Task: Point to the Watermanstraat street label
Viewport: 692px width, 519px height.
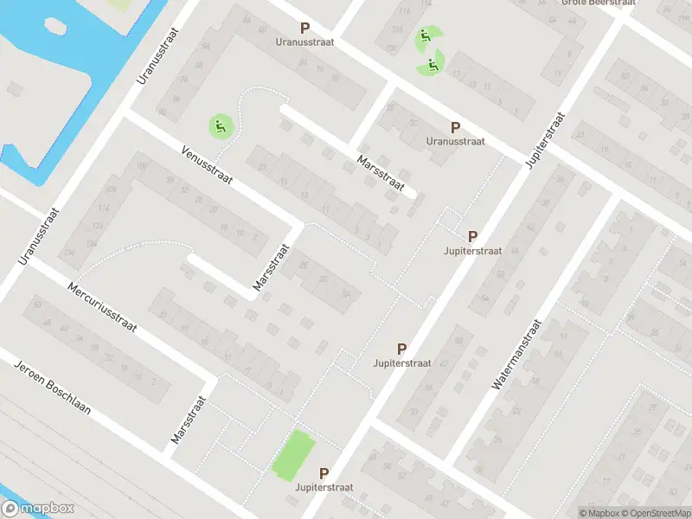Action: tap(516, 355)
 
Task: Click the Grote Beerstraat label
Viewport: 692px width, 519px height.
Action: tap(599, 3)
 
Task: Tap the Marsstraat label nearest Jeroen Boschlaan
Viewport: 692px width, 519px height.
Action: tap(189, 420)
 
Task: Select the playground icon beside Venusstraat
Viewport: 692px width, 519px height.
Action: tap(221, 127)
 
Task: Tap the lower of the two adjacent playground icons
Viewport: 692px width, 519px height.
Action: tap(431, 63)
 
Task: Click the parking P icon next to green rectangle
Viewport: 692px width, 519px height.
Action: tap(324, 473)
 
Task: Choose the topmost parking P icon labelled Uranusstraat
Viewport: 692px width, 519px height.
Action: tap(304, 29)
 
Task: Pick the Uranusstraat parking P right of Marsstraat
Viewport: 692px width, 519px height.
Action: tap(455, 127)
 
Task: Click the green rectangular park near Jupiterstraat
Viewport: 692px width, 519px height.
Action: tap(290, 454)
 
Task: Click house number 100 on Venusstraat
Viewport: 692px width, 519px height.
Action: tap(141, 166)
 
